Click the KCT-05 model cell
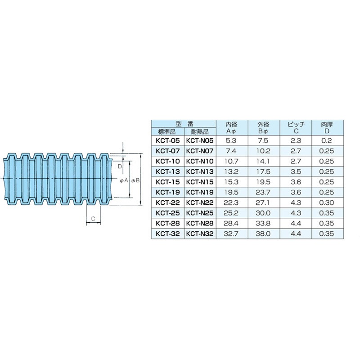pyautogui.click(x=167, y=140)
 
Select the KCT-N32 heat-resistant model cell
pyautogui.click(x=200, y=234)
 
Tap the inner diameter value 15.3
pyautogui.click(x=231, y=182)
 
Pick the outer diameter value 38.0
pyautogui.click(x=263, y=234)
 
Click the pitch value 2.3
pyautogui.click(x=296, y=140)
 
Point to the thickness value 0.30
pyautogui.click(x=327, y=203)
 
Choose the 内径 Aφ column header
pyautogui.click(x=231, y=128)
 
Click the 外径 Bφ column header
pyautogui.click(x=263, y=128)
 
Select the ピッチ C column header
pyautogui.click(x=296, y=128)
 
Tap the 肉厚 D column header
pyautogui.click(x=327, y=128)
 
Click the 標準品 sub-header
pyautogui.click(x=167, y=131)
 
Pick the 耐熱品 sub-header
pyautogui.click(x=200, y=131)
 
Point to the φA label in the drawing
pyautogui.click(x=124, y=181)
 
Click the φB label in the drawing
pyautogui.click(x=135, y=181)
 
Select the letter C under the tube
pyautogui.click(x=93, y=219)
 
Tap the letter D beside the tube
pyautogui.click(x=120, y=166)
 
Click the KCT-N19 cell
pyautogui.click(x=200, y=193)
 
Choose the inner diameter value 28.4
pyautogui.click(x=231, y=223)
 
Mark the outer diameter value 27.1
pyautogui.click(x=263, y=203)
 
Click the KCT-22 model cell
pyautogui.click(x=167, y=203)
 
